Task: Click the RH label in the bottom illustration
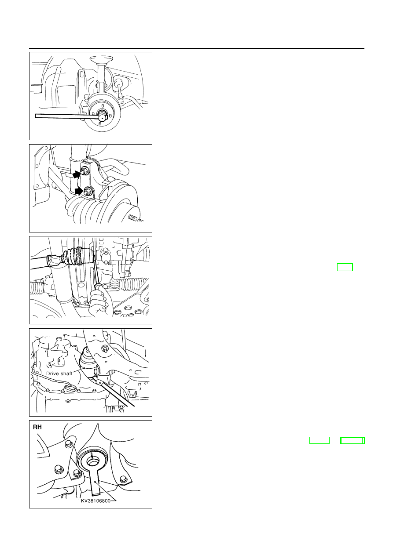pyautogui.click(x=37, y=427)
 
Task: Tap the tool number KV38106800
pyautogui.click(x=96, y=501)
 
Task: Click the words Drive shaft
pyautogui.click(x=59, y=374)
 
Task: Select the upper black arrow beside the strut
pyautogui.click(x=77, y=175)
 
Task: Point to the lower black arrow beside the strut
pyautogui.click(x=79, y=191)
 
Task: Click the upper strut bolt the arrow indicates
pyautogui.click(x=84, y=170)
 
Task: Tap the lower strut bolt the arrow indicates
pyautogui.click(x=88, y=191)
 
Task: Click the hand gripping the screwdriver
pyautogui.click(x=100, y=303)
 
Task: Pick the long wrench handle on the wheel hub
pyautogui.click(x=67, y=116)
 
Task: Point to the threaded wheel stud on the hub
pyautogui.click(x=136, y=218)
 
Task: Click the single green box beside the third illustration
pyautogui.click(x=345, y=267)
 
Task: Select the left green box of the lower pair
pyautogui.click(x=320, y=440)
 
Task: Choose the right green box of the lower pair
pyautogui.click(x=353, y=440)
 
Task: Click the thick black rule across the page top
pyautogui.click(x=196, y=49)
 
